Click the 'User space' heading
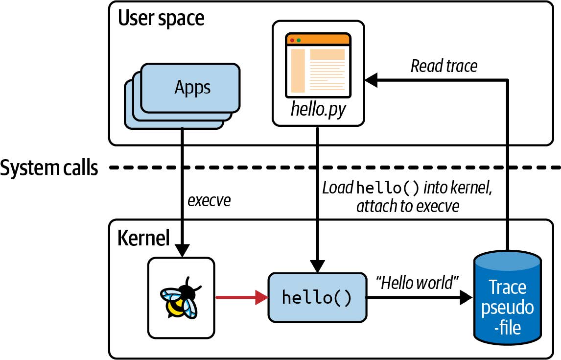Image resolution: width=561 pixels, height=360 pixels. [x=161, y=19]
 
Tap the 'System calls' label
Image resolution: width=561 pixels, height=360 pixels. [x=49, y=168]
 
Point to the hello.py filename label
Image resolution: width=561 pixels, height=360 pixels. [x=318, y=108]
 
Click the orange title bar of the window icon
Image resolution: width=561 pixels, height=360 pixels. [x=318, y=40]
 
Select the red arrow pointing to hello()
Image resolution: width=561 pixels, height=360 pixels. [x=242, y=297]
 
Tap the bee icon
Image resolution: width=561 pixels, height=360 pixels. [x=181, y=298]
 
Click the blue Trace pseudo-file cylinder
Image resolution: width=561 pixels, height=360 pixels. [x=508, y=299]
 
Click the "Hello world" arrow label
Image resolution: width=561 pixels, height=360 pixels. [x=416, y=282]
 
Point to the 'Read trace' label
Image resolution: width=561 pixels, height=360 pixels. [x=444, y=66]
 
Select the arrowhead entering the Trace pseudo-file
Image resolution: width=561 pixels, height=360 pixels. [x=466, y=298]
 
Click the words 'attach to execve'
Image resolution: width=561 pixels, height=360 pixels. [x=408, y=206]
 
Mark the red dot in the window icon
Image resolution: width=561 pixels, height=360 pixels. [x=292, y=40]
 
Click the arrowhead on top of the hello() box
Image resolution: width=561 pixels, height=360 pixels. [x=318, y=267]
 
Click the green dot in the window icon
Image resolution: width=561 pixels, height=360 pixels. [x=299, y=40]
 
